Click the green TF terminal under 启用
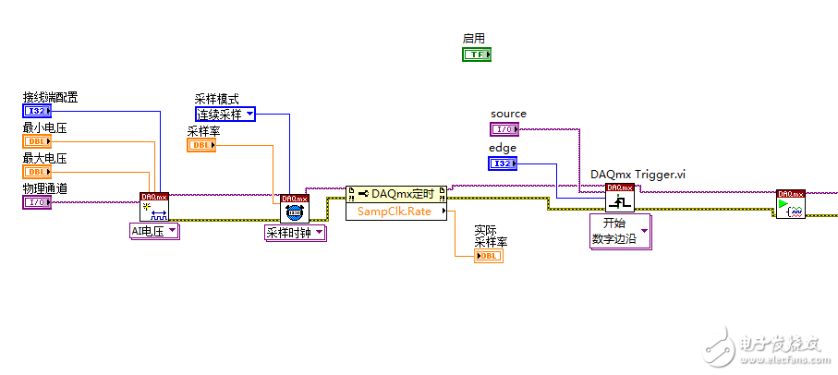(x=477, y=54)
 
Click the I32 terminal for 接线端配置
(x=37, y=112)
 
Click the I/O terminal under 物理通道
(x=37, y=202)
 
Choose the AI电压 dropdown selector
(x=154, y=232)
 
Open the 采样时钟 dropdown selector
(x=295, y=233)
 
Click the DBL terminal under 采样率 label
(x=201, y=145)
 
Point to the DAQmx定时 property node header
(x=396, y=193)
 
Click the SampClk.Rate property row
(x=396, y=212)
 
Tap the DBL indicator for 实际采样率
(x=489, y=256)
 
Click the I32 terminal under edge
(x=503, y=163)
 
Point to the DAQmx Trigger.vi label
(x=638, y=174)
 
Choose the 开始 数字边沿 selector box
(x=620, y=232)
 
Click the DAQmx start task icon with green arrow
(x=791, y=204)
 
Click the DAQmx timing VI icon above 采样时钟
(x=295, y=209)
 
